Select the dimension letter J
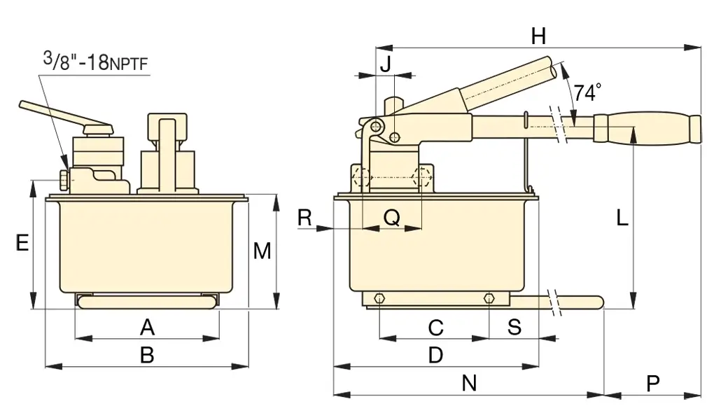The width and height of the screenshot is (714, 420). point(386,63)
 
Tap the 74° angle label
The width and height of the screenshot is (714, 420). point(587,92)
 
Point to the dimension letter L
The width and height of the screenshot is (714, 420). point(622,218)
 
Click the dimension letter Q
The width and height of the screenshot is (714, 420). point(392,218)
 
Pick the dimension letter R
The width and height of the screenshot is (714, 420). point(304,218)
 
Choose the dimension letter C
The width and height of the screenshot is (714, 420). point(435,326)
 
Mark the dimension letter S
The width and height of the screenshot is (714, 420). point(514,326)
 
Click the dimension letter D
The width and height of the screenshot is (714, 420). point(435,355)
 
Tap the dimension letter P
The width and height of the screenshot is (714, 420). point(652,383)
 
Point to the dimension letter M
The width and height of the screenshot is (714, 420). point(262,251)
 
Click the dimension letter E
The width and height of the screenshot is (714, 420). point(22,243)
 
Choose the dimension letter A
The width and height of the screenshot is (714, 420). point(146,326)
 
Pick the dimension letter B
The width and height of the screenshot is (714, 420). point(146,355)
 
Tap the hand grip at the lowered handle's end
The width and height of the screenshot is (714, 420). point(647,129)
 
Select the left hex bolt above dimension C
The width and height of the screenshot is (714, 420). point(379,299)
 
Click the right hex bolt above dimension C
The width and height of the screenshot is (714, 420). point(488,299)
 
